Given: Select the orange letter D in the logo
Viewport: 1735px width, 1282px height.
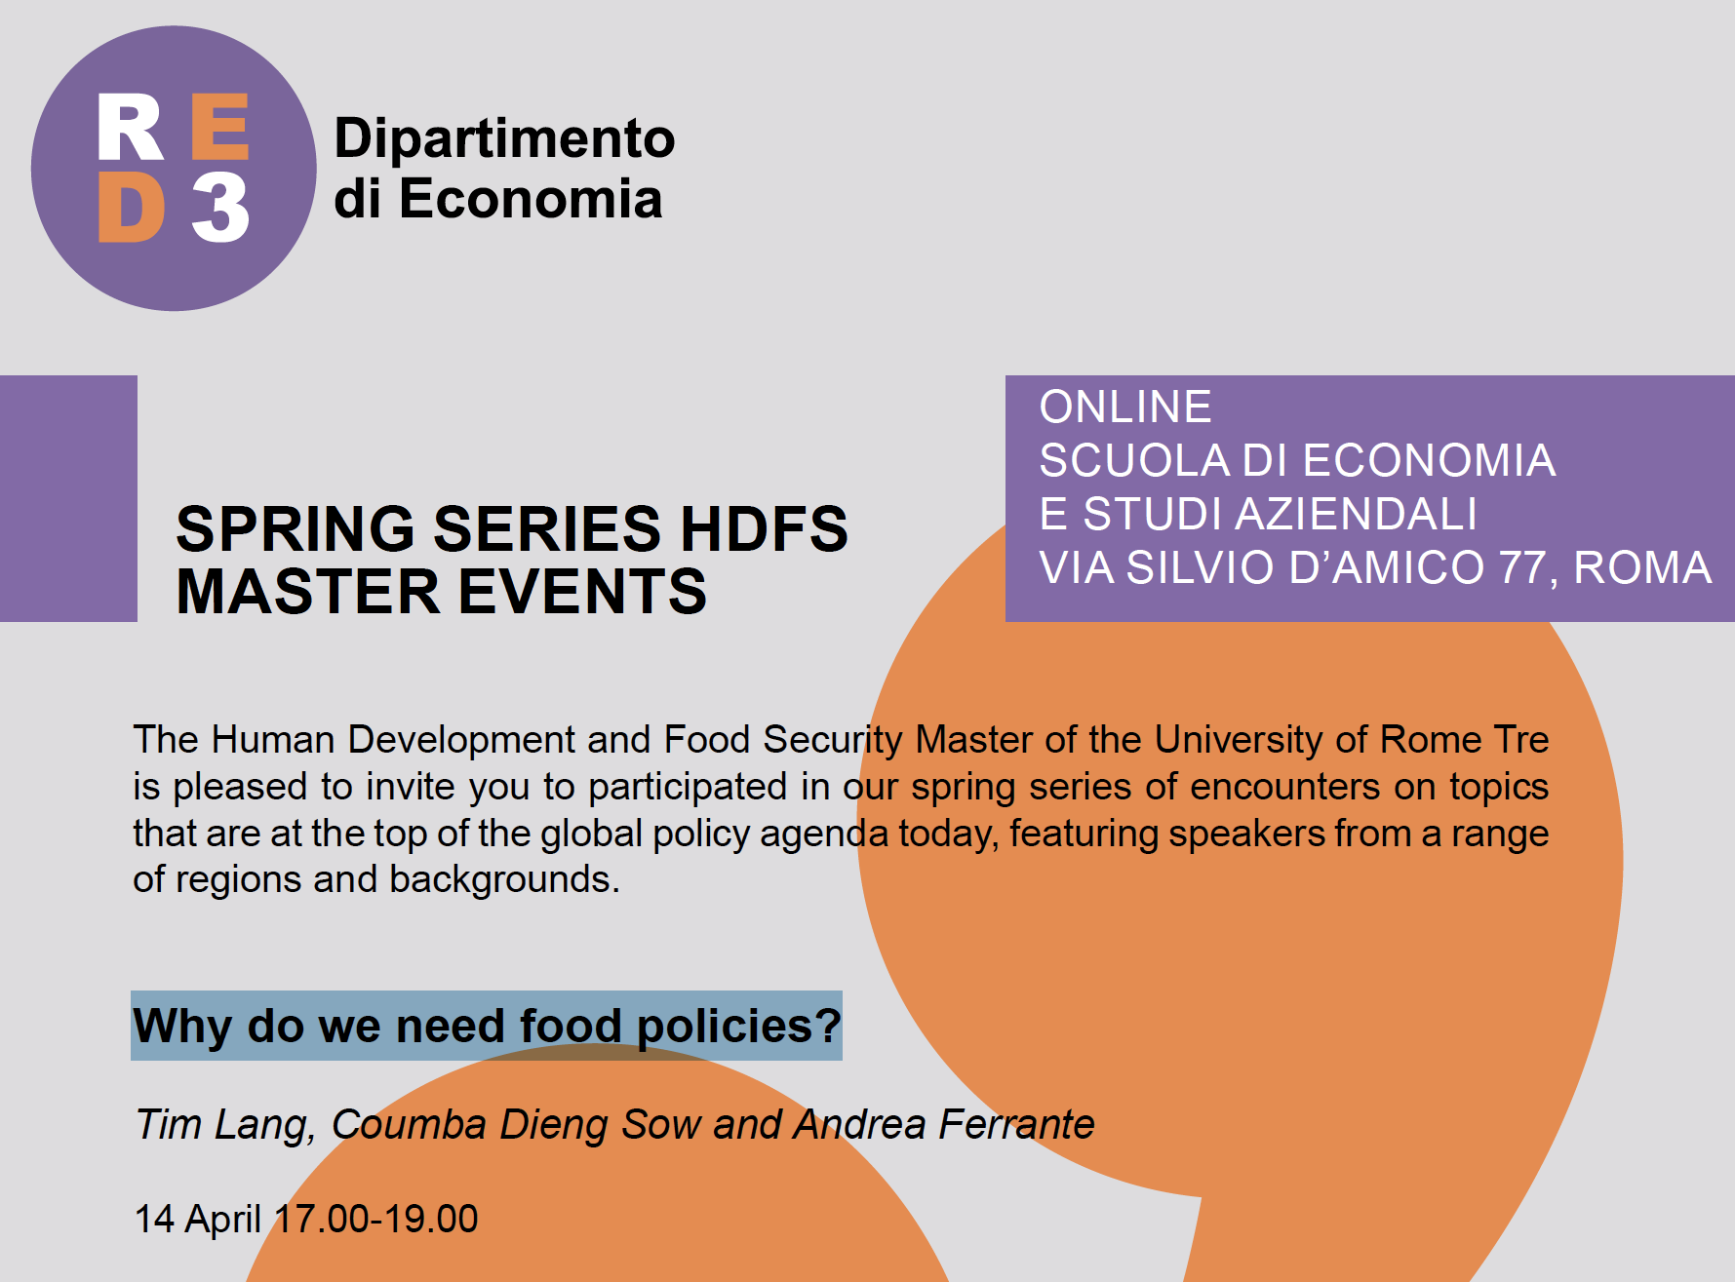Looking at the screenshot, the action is pos(131,208).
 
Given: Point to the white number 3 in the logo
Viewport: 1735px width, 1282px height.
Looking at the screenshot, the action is pos(220,208).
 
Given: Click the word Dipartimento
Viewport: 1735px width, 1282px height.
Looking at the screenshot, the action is pos(504,138).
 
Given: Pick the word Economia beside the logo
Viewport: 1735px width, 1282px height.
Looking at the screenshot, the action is pos(531,199).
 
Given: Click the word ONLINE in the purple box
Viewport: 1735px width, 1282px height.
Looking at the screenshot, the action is pos(1125,408).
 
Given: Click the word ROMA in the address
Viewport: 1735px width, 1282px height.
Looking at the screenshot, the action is pos(1642,567).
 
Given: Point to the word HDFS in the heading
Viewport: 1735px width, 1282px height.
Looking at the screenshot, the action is pos(764,529).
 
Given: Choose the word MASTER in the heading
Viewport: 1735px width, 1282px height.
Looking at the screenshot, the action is pos(309,592).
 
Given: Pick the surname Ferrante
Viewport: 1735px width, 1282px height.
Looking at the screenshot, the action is pos(1016,1125).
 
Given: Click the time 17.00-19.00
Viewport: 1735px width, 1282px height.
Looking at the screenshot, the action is pos(376,1219).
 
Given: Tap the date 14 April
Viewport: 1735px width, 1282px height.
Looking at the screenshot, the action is pos(198,1220).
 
